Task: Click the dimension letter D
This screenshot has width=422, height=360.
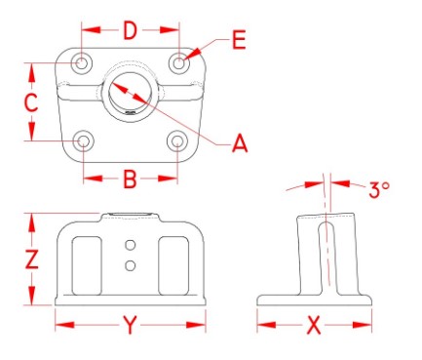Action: (x=131, y=30)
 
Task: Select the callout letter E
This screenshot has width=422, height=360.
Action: (x=239, y=40)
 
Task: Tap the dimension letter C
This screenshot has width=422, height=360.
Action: (x=31, y=102)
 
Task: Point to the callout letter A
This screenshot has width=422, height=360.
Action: (x=240, y=143)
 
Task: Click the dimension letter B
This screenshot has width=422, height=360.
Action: (x=131, y=179)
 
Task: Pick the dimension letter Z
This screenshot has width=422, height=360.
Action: (x=32, y=259)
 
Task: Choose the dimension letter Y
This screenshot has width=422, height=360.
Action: (x=130, y=325)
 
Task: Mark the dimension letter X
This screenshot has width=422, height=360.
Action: (x=314, y=325)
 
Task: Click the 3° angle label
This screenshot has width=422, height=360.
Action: (x=379, y=189)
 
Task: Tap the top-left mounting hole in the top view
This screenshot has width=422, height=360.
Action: (x=82, y=63)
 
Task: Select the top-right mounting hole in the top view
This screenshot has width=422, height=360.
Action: (x=179, y=62)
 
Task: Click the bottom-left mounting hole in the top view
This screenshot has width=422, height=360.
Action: (x=84, y=141)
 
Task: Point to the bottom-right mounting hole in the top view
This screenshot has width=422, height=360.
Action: (x=177, y=141)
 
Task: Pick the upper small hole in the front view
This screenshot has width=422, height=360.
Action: (x=131, y=245)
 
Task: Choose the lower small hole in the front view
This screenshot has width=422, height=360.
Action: (x=131, y=265)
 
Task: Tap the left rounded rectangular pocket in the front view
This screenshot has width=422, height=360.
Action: (x=87, y=266)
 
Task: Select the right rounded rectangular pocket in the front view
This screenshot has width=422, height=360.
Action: (x=173, y=266)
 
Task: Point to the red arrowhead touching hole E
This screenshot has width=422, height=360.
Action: (x=193, y=55)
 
